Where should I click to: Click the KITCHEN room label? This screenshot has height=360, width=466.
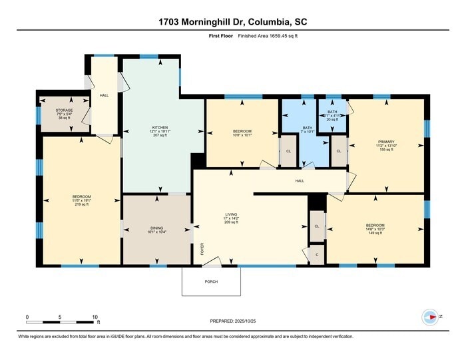click(159, 127)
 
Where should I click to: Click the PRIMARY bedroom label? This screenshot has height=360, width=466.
click(386, 142)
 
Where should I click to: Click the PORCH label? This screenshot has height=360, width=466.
click(211, 281)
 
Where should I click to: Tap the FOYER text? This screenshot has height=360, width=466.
click(202, 248)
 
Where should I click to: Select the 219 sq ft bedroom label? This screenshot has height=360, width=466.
click(81, 197)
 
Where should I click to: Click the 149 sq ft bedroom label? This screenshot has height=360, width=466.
click(375, 226)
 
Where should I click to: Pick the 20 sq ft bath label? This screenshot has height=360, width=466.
click(332, 112)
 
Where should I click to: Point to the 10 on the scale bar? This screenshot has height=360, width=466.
click(96, 317)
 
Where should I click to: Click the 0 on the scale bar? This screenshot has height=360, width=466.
click(27, 317)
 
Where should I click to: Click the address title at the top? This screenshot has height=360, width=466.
click(232, 22)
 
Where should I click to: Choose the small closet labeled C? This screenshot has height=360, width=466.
click(316, 256)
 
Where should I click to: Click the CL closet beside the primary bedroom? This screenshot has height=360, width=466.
click(339, 151)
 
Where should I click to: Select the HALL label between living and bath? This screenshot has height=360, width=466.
click(300, 180)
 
